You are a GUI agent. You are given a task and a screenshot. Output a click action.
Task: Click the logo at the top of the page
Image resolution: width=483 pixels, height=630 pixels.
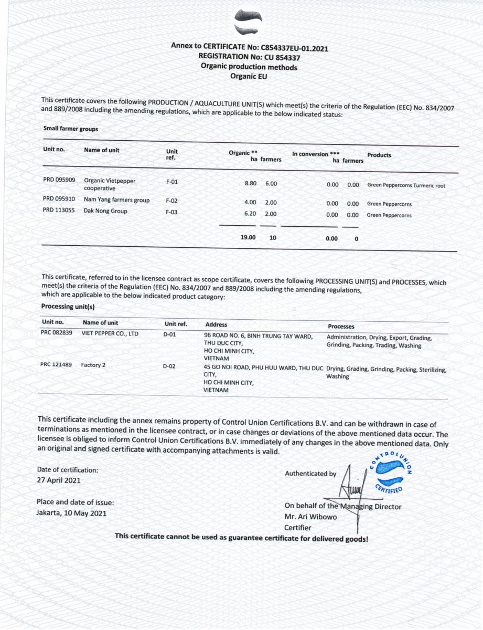248,23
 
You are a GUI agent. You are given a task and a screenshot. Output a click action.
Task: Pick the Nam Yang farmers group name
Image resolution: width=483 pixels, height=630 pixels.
116,200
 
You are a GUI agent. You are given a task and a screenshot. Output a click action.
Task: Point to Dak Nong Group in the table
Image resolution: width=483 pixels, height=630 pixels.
105,211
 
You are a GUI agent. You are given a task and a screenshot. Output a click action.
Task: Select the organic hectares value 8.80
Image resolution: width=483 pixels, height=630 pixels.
251,184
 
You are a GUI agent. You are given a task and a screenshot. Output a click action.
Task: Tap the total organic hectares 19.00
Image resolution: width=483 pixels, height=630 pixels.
248,237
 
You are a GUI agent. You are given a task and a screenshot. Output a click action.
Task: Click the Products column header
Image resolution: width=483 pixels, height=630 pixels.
379,155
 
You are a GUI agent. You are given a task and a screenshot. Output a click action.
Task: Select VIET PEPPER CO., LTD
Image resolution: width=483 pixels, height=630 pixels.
110,333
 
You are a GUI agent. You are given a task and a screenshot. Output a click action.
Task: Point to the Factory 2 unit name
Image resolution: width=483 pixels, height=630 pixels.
93,364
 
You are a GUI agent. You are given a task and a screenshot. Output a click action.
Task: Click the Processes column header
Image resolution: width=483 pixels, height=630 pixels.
341,327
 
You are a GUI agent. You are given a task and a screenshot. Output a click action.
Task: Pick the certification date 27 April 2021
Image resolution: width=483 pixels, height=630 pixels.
59,480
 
